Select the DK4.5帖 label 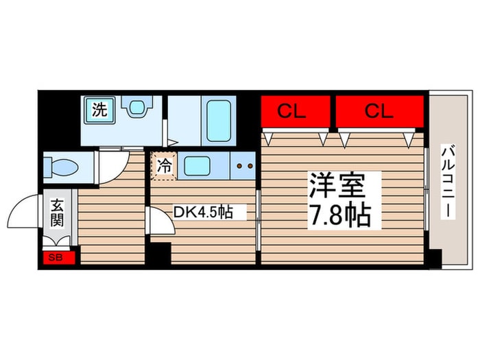202,213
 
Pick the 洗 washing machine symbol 100,110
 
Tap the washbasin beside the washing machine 135,108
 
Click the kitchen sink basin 200,165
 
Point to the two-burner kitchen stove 243,165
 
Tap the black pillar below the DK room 160,254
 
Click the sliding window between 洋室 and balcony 427,192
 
